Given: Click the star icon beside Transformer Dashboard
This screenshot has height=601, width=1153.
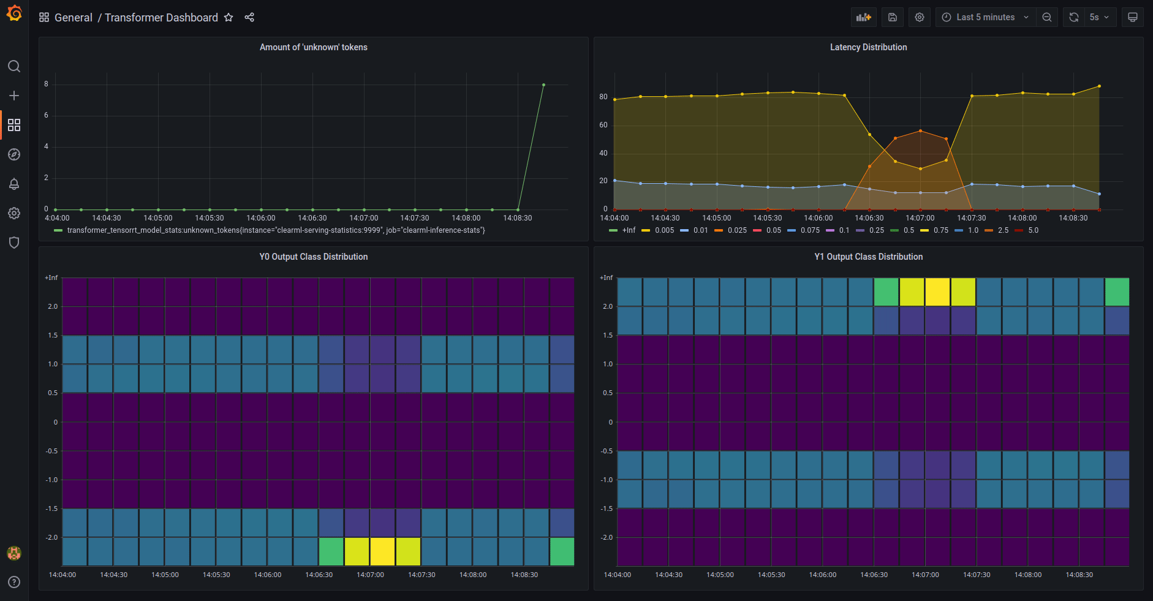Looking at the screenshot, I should coord(229,17).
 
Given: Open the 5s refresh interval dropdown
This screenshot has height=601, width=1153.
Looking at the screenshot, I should coord(1099,17).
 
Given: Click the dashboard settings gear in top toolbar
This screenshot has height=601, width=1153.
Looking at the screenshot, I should coord(919,17).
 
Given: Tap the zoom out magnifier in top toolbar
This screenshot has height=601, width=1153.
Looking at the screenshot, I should coord(1047,17).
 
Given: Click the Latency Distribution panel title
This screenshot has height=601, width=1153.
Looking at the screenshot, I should coord(868,47).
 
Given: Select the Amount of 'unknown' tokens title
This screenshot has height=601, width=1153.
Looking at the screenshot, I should coord(313,47).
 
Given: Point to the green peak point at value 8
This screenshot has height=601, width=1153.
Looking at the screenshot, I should coord(543,85).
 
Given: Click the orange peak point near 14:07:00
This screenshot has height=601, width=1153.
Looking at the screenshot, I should coord(920,130).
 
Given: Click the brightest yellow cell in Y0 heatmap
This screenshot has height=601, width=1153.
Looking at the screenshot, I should coord(383,551).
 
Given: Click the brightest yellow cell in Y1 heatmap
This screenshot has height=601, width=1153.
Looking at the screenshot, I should coord(937,292).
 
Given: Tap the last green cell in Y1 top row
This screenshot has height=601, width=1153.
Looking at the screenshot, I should coord(1117,292).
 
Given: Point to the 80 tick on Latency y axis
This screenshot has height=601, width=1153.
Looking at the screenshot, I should coord(603,97).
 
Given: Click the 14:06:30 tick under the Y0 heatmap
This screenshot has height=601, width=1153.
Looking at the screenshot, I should coord(319,575).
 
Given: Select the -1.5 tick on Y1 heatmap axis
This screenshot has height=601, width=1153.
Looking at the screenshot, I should coord(607,508).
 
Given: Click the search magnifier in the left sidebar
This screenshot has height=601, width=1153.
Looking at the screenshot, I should coord(14,66).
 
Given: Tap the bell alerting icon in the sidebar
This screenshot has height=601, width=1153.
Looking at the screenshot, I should coord(14,184).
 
